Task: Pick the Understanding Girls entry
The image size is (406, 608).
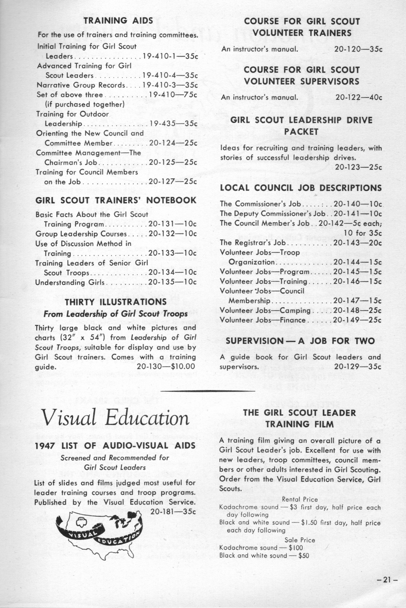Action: (70, 282)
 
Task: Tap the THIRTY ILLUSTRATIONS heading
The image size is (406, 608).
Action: (115, 302)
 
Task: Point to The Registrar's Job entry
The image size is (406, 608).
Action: (253, 243)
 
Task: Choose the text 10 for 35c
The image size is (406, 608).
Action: (362, 233)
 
